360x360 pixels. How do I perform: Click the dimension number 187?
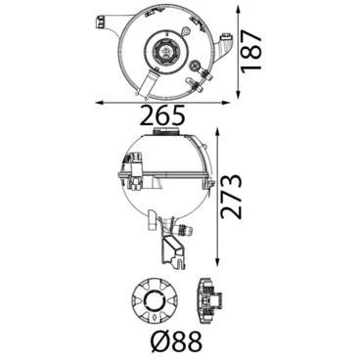(x=251, y=50)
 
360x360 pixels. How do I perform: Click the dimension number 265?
(x=162, y=116)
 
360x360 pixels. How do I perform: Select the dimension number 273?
(x=231, y=197)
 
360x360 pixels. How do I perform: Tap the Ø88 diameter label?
(x=177, y=341)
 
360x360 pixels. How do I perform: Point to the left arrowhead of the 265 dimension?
(x=99, y=103)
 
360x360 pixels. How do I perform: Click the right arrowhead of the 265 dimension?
(x=226, y=103)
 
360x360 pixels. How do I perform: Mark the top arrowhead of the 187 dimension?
(x=239, y=11)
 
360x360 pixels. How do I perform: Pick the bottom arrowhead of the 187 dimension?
(x=239, y=94)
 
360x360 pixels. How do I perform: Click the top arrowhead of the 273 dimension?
(x=217, y=132)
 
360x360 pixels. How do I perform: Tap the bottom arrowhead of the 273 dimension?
(x=217, y=262)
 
